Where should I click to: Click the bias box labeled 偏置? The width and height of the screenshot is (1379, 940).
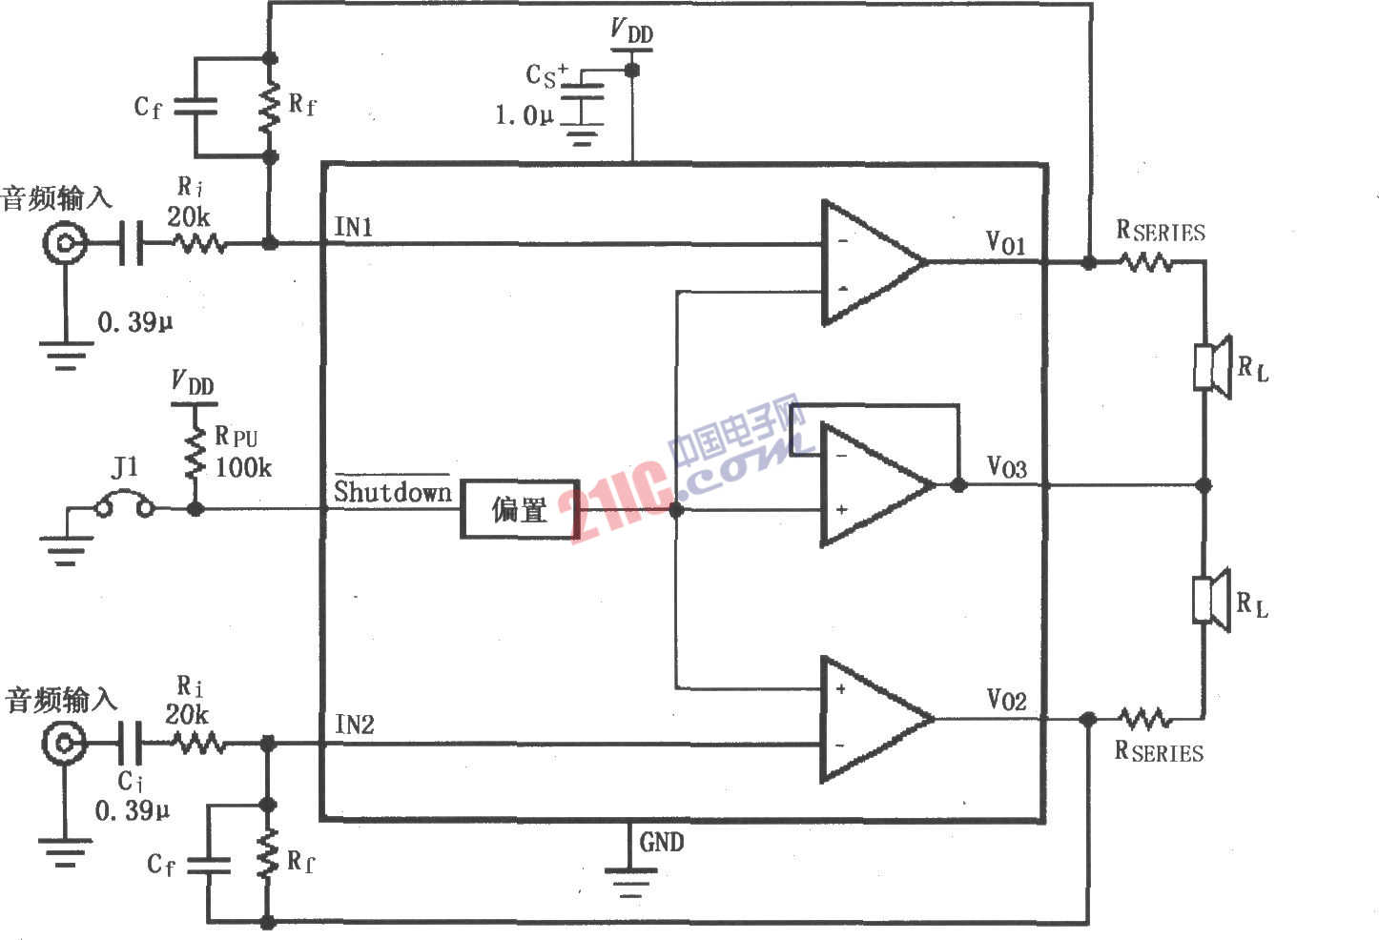click(520, 509)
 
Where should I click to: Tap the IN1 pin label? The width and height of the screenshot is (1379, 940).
click(353, 227)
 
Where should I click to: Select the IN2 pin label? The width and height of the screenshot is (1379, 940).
click(354, 725)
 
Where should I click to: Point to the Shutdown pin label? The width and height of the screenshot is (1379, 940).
click(392, 492)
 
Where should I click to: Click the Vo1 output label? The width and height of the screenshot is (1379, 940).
click(1005, 242)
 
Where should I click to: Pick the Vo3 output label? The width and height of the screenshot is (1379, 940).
click(1006, 466)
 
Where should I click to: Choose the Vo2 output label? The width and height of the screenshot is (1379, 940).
click(1006, 701)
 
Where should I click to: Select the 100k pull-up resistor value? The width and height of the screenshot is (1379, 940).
click(243, 467)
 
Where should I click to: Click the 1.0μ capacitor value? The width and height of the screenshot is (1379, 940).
click(524, 116)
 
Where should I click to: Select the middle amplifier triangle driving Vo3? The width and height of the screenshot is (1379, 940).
click(873, 485)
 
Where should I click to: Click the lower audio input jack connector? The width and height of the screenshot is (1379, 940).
click(64, 742)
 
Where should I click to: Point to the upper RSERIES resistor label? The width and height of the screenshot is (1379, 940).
click(1161, 231)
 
